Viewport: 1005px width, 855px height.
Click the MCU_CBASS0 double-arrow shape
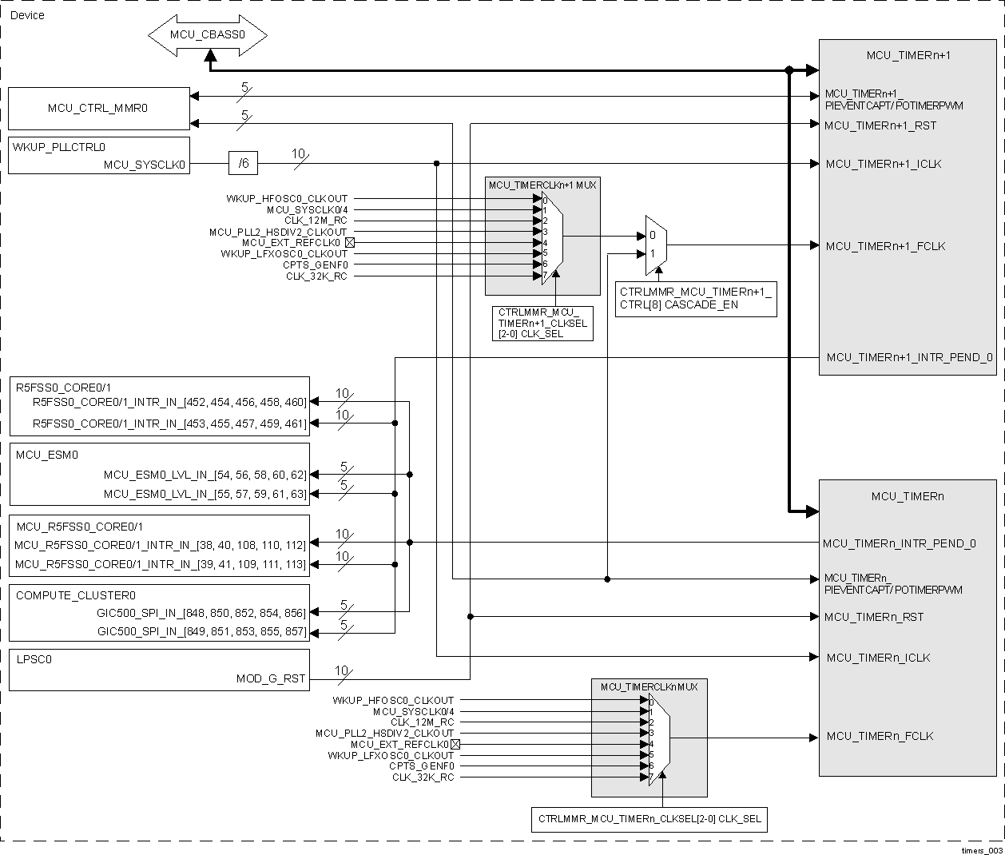pyautogui.click(x=207, y=35)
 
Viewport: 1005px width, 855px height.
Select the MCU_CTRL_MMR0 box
pyautogui.click(x=98, y=108)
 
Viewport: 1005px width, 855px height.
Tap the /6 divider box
pyautogui.click(x=244, y=164)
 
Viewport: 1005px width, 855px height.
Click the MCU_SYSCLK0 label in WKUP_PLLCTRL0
pyautogui.click(x=145, y=165)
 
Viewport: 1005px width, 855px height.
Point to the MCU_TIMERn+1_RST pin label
pyautogui.click(x=880, y=125)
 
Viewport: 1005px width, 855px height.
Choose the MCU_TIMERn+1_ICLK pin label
pyautogui.click(x=883, y=164)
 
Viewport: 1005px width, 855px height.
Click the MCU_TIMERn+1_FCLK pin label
pyautogui.click(x=885, y=246)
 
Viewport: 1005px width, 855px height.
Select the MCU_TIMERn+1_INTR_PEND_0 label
pyautogui.click(x=909, y=357)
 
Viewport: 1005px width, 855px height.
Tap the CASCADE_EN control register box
pyautogui.click(x=695, y=298)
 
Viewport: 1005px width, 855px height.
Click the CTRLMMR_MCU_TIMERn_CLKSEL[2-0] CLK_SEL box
pyautogui.click(x=649, y=819)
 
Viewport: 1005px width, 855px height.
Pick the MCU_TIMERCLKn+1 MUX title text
pyautogui.click(x=542, y=185)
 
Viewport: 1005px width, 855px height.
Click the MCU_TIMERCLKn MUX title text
pyautogui.click(x=649, y=686)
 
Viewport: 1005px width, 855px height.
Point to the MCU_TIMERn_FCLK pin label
pyautogui.click(x=880, y=736)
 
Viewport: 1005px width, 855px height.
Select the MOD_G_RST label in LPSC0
pyautogui.click(x=271, y=678)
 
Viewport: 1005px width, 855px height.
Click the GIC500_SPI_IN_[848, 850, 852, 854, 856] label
pyautogui.click(x=201, y=613)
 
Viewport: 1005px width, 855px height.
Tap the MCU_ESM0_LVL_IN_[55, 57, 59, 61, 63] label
pyautogui.click(x=205, y=494)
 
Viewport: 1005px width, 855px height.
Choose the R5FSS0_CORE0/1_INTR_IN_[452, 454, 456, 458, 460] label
pyautogui.click(x=169, y=402)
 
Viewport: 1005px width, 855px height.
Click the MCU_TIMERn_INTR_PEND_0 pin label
pyautogui.click(x=900, y=543)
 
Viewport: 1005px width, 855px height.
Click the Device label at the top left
pyautogui.click(x=27, y=15)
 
